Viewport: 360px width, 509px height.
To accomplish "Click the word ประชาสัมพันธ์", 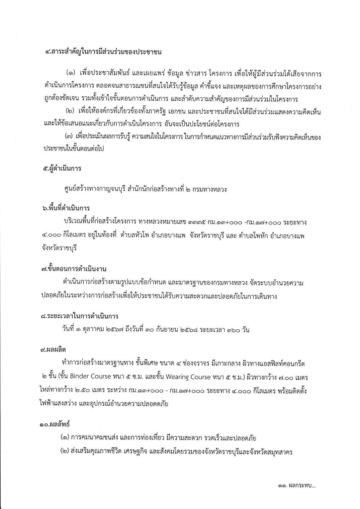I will point(112,73).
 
